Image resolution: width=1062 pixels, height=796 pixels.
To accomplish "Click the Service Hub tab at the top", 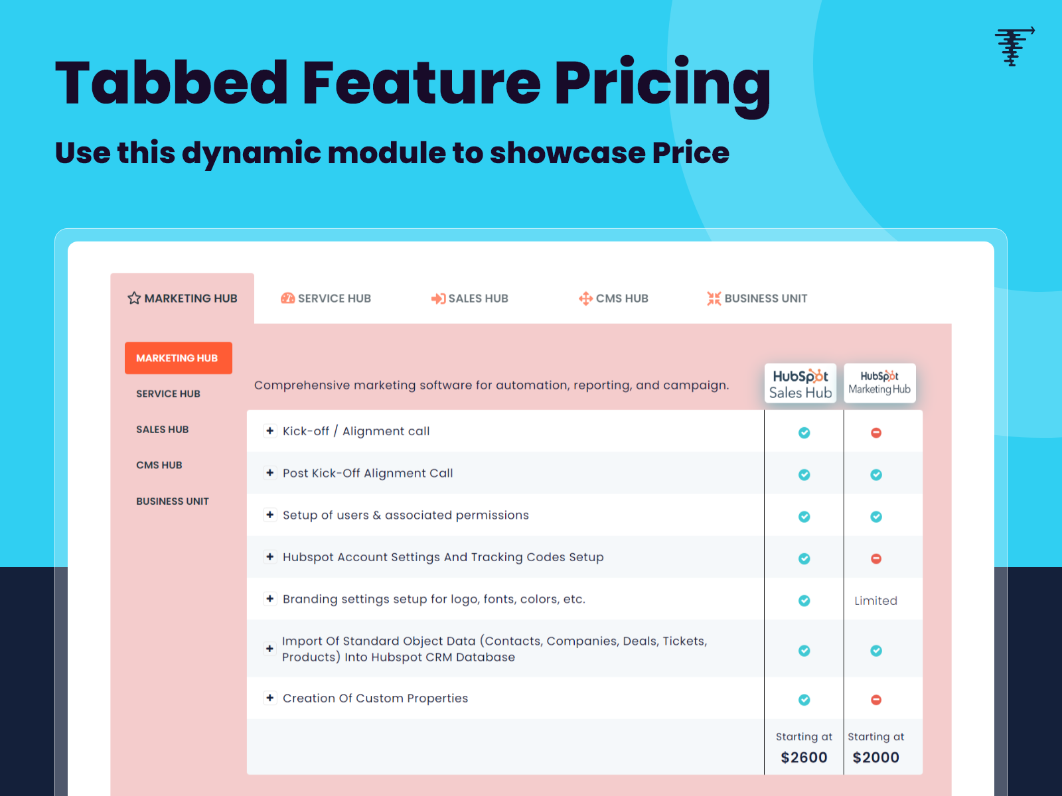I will point(326,298).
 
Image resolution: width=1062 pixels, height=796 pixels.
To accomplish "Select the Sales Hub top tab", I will point(470,298).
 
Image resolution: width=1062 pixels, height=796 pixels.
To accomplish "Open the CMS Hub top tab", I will point(613,298).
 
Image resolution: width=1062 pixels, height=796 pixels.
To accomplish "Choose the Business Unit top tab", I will point(757,298).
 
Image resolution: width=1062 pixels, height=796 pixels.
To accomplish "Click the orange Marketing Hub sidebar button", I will point(178,358).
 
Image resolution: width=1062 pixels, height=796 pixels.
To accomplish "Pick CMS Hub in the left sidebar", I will point(159,465).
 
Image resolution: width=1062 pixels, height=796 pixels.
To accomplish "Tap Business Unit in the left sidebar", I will point(173,501).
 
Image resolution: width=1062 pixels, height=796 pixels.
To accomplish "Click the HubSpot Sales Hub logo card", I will point(800,383).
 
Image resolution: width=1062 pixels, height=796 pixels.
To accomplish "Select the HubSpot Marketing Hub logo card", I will point(879,383).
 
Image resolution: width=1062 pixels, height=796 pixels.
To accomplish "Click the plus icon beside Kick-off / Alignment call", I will point(270,431).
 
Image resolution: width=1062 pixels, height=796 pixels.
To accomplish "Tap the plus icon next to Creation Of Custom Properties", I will point(270,698).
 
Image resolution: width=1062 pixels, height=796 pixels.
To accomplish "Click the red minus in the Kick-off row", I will point(876,432).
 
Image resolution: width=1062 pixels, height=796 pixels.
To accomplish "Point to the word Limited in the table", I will point(875,601).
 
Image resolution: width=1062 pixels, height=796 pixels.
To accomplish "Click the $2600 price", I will point(804,758).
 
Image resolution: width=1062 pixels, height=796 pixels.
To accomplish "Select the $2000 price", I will point(875,758).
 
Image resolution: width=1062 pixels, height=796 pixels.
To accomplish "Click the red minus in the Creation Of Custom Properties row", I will point(876,700).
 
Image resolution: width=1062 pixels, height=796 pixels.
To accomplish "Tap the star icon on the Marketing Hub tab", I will point(134,298).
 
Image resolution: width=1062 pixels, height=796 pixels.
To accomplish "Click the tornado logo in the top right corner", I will point(1013,46).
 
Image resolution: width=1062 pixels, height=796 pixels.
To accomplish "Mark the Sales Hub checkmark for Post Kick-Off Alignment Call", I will point(804,475).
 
